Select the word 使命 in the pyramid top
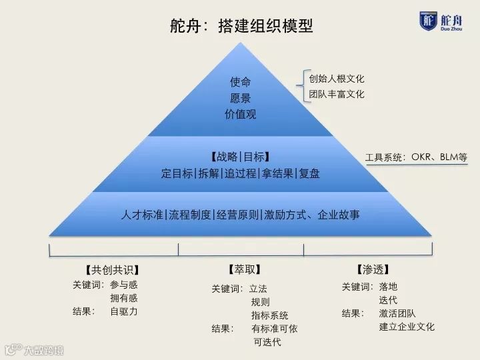(240, 82)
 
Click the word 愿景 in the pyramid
(240, 98)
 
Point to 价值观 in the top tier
(240, 114)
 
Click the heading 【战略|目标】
(240, 157)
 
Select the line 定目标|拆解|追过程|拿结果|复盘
(240, 173)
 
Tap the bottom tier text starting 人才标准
(241, 215)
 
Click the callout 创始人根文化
(337, 78)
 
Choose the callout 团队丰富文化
(337, 94)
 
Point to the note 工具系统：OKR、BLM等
(416, 158)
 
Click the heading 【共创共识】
(112, 270)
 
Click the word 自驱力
(123, 311)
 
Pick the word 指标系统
(270, 315)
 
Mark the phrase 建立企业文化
(407, 327)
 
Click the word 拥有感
(123, 298)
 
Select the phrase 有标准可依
(274, 329)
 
